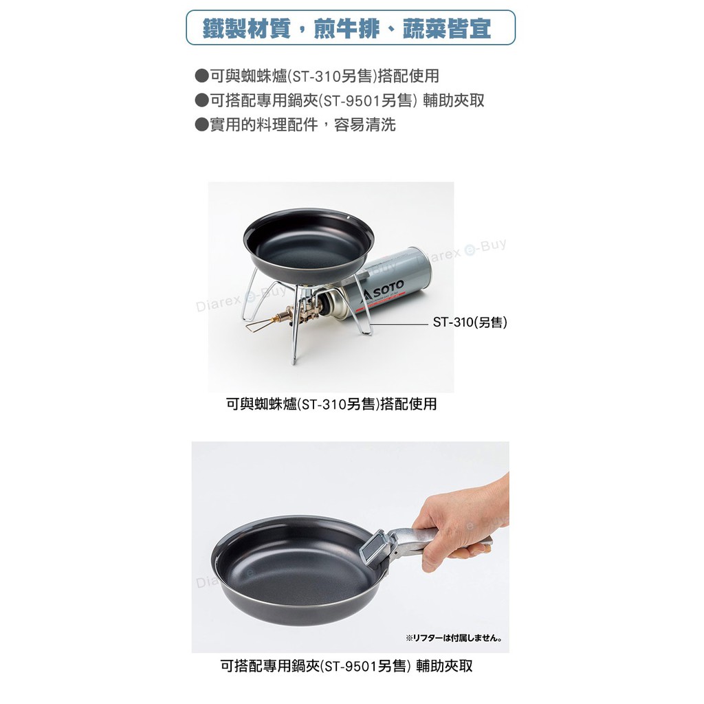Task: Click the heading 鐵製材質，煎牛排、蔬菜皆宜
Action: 346,28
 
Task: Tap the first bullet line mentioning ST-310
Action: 317,76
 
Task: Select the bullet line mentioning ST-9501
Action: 340,100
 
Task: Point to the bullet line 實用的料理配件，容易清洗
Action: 296,124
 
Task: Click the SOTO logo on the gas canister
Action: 384,288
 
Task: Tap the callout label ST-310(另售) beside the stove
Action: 470,322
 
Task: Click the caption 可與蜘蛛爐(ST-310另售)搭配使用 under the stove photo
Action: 331,404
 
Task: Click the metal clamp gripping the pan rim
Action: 377,548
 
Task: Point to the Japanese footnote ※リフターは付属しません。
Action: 454,637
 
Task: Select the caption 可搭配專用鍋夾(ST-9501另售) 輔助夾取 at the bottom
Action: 346,665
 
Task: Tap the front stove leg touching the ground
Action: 294,337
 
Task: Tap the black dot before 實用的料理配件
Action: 202,124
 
